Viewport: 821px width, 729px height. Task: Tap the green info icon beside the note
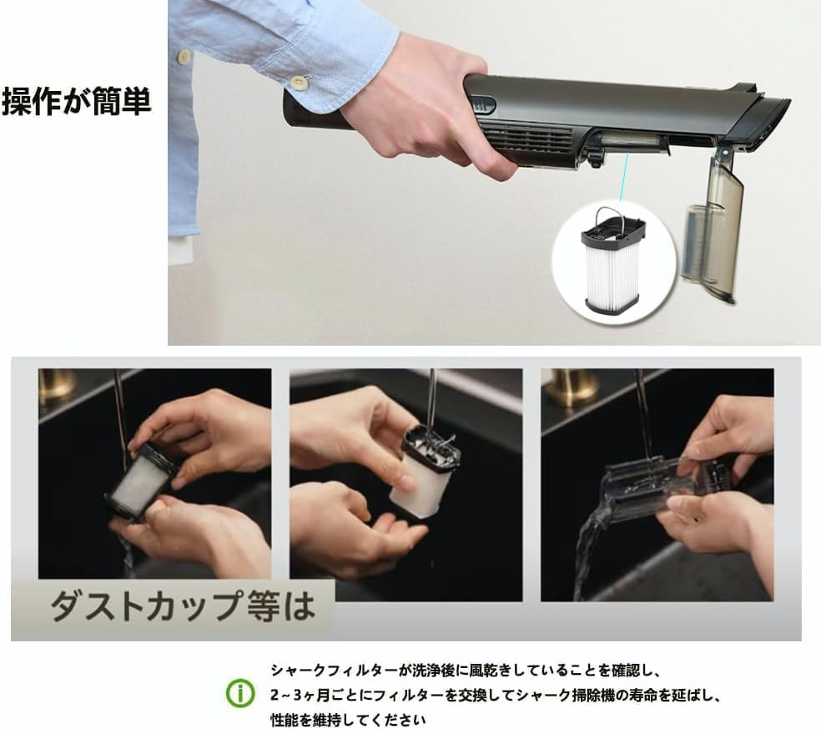point(241,694)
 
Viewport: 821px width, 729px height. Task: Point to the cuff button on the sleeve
point(297,82)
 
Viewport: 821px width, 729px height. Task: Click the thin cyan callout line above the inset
point(622,180)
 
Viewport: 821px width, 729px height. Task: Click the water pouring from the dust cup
point(587,543)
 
